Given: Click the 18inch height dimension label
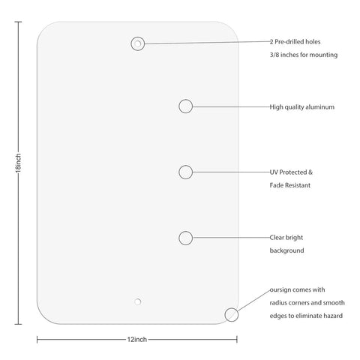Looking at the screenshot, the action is tap(18, 163).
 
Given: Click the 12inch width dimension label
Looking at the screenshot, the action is tap(137, 340).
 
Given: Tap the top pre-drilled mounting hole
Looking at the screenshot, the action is tap(137, 43).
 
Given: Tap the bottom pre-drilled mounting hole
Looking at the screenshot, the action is tap(137, 301).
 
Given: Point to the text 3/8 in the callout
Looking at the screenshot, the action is tap(274, 55).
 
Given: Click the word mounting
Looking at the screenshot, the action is tap(324, 55).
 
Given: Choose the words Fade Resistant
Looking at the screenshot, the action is tap(290, 185).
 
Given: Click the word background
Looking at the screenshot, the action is tap(286, 250).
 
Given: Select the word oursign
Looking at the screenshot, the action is tap(280, 290).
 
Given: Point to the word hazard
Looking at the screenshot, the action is tap(333, 316).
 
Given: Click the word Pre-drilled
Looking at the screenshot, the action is tap(287, 42).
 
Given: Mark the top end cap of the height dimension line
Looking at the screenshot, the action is tap(18, 22).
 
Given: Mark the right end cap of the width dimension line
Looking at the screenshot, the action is tap(237, 340).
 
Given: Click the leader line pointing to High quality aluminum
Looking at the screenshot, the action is tap(231, 106).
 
